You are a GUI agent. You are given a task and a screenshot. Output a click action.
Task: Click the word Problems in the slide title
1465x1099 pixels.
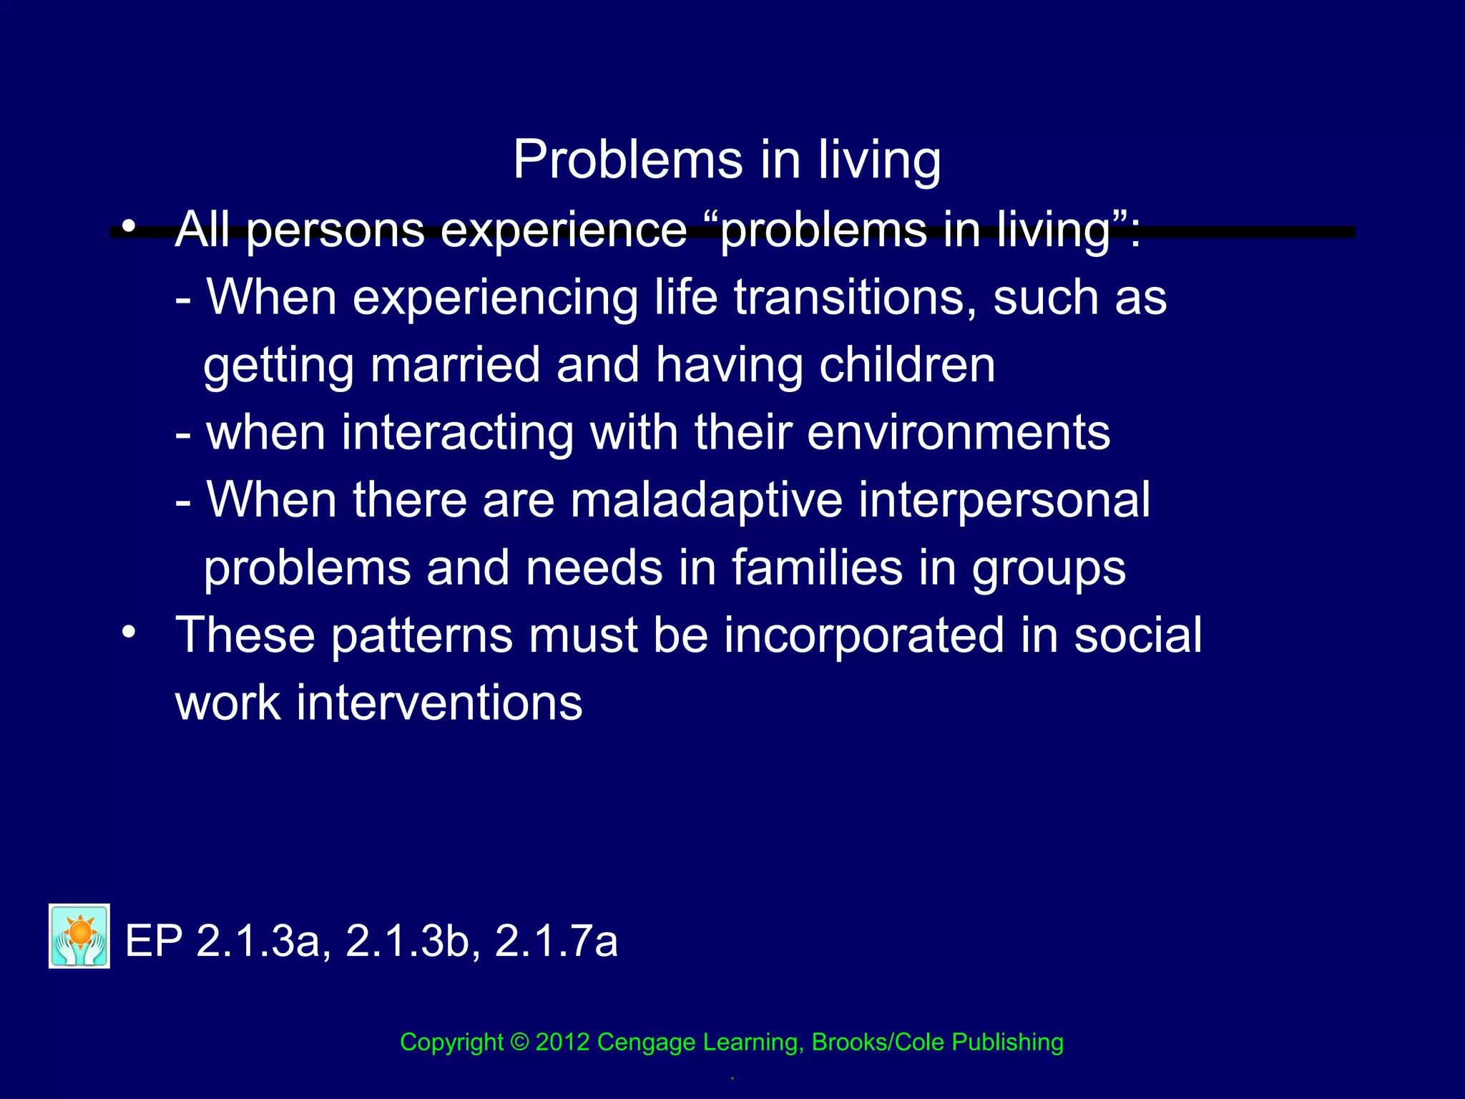(628, 160)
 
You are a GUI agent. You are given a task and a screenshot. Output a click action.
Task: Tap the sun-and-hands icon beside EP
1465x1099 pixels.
(79, 936)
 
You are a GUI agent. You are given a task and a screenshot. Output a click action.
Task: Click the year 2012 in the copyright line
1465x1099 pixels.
(562, 1042)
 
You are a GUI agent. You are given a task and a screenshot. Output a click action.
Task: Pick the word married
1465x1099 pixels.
(455, 365)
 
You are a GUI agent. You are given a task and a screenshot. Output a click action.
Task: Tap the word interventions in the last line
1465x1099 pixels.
(439, 703)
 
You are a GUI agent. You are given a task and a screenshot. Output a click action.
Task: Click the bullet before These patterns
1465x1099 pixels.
(128, 632)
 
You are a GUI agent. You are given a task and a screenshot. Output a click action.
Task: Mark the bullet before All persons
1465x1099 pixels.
(128, 227)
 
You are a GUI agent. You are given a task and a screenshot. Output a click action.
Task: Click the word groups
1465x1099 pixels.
(1048, 567)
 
